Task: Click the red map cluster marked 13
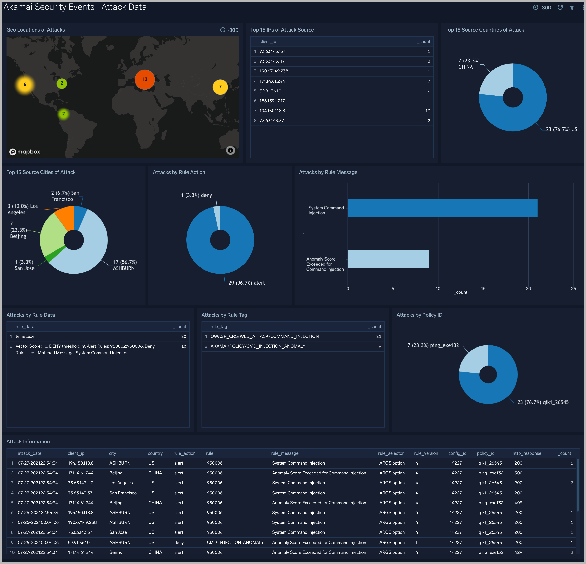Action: pyautogui.click(x=145, y=79)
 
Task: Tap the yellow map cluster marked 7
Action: pyautogui.click(x=220, y=87)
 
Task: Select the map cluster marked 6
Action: pyautogui.click(x=25, y=84)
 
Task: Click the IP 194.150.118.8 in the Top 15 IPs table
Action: pyautogui.click(x=272, y=111)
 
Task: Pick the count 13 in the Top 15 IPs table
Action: pyautogui.click(x=428, y=111)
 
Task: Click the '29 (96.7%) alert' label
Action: pyautogui.click(x=247, y=283)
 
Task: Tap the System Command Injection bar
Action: pyautogui.click(x=442, y=208)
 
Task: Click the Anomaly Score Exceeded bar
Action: pyautogui.click(x=388, y=259)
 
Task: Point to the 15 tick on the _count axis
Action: pyautogui.click(x=483, y=288)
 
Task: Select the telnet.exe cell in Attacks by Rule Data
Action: pyautogui.click(x=25, y=336)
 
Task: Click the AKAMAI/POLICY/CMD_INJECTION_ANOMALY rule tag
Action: pyautogui.click(x=258, y=346)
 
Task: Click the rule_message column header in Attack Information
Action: pyautogui.click(x=285, y=453)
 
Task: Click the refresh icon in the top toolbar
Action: pyautogui.click(x=560, y=7)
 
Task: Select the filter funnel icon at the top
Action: pyautogui.click(x=572, y=7)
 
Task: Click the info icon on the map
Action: pyautogui.click(x=230, y=150)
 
